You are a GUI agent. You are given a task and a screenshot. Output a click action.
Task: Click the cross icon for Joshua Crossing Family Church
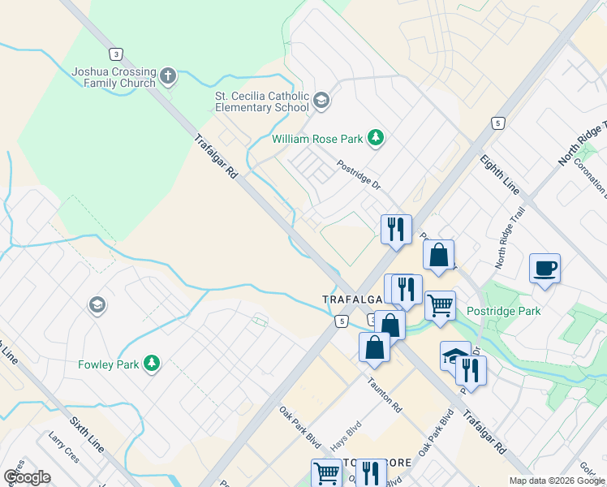[169, 77]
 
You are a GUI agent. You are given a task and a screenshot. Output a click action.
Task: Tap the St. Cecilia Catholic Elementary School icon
[321, 101]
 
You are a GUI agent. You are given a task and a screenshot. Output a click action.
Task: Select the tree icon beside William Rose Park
[375, 139]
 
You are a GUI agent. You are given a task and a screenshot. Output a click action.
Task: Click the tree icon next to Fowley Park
[151, 364]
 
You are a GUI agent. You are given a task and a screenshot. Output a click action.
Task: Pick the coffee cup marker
[545, 268]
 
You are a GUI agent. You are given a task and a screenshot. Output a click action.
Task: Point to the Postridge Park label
[504, 311]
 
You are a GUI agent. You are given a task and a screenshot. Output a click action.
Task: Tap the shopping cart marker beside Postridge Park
[440, 306]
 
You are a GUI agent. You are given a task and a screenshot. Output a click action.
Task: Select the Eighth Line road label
[499, 174]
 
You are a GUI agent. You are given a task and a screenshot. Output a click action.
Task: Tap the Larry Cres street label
[64, 449]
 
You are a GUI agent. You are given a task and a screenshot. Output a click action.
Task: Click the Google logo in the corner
[27, 477]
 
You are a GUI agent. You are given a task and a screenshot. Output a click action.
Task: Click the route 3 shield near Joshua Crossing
[118, 54]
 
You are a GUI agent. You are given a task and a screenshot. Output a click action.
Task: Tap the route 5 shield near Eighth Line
[497, 123]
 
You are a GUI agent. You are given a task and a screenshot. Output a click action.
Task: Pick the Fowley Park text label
[109, 364]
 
